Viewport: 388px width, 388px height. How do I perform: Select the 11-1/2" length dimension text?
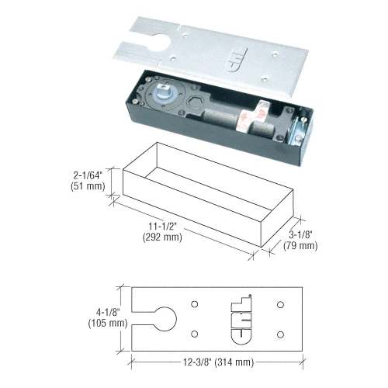coord(163,226)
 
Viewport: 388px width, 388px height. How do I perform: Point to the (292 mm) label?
coord(163,237)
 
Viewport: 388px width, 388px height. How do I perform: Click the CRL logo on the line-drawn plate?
coord(244,319)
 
